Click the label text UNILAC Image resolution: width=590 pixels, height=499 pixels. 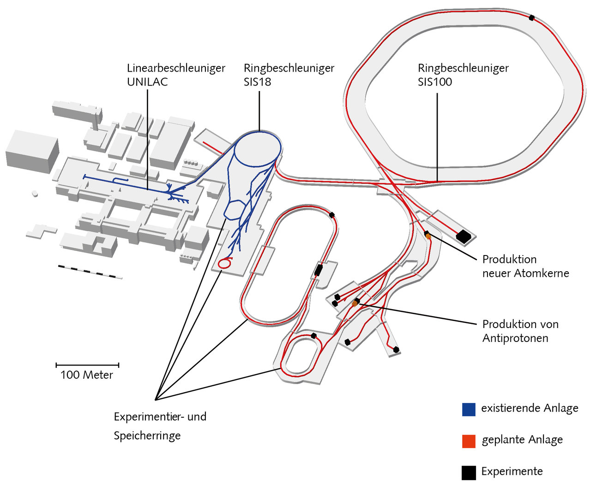[147, 82]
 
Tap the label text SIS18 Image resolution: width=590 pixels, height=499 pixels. [257, 82]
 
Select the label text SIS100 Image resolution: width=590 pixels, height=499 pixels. [435, 82]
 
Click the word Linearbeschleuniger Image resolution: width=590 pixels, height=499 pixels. [176, 68]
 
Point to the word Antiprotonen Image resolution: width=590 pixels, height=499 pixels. [515, 338]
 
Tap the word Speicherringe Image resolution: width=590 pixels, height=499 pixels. [147, 435]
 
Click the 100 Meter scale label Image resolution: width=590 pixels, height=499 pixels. [86, 375]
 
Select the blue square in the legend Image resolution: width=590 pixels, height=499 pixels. [469, 409]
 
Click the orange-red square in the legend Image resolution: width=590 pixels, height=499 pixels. [469, 441]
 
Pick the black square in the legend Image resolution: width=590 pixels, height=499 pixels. [469, 473]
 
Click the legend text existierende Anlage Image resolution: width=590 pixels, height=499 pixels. [530, 408]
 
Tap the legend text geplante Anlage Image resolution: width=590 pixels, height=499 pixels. [522, 440]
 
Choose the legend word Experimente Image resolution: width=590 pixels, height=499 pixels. [512, 471]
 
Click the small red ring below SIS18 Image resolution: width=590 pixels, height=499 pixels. [224, 263]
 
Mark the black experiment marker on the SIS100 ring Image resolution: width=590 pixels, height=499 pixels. [531, 18]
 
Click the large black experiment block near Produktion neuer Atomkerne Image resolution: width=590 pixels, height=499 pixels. [463, 237]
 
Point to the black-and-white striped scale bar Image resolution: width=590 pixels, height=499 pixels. [90, 272]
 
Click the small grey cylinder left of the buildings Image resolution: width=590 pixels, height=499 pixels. [35, 193]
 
